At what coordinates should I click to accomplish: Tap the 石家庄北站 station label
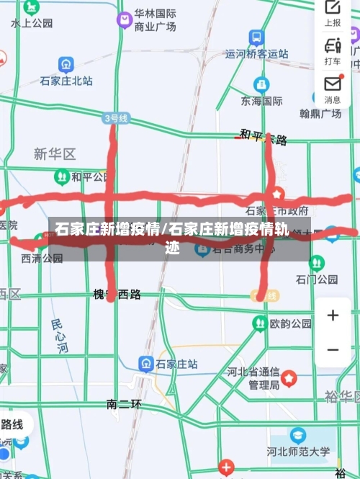coord(66,81)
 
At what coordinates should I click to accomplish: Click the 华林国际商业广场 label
coord(155,20)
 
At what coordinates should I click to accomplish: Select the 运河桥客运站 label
coord(256,53)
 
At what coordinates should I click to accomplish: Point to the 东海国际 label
coord(261,101)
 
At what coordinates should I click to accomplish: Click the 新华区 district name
coord(55,153)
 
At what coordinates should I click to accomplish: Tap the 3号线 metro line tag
coord(115,117)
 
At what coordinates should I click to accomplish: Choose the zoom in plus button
coord(333,315)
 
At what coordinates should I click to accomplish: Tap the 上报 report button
coord(333,14)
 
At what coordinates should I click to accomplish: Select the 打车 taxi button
coord(333,51)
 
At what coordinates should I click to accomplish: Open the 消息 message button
coord(333,89)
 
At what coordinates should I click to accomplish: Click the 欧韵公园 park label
coord(291,324)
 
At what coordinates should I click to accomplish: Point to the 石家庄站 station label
coord(176,364)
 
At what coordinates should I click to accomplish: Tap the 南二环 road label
coord(124,404)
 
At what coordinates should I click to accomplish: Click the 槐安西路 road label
coord(117,294)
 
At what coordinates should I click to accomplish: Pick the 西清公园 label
coord(42,258)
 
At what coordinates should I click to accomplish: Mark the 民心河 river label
coord(60,336)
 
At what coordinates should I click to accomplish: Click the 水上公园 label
coord(32,23)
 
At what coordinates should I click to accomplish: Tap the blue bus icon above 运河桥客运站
coord(256,37)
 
